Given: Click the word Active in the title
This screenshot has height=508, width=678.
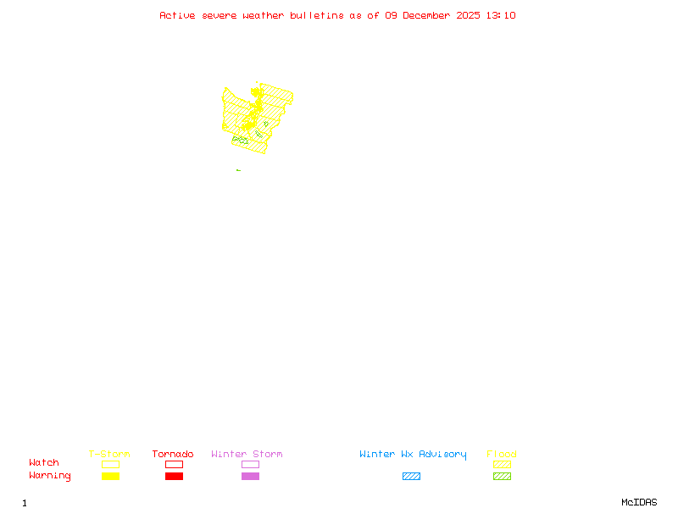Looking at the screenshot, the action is click(x=178, y=15).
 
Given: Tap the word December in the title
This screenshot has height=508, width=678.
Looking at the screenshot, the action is click(x=429, y=15).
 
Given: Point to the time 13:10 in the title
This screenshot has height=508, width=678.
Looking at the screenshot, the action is click(x=500, y=15).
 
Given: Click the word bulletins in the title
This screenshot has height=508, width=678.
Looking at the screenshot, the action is click(x=316, y=15).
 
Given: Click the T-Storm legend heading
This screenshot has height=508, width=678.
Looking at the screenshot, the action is click(x=109, y=454).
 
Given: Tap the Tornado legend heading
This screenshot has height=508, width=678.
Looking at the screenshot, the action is click(x=173, y=454).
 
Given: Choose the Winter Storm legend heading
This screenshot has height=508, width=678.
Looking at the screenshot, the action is click(x=247, y=454).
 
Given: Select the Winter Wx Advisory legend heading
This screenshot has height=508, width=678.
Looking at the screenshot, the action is click(x=413, y=454).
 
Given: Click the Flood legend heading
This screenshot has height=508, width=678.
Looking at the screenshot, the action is click(x=502, y=454).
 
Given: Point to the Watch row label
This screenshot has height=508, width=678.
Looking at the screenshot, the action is click(x=44, y=463).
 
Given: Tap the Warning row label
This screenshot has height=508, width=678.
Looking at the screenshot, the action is click(x=49, y=476).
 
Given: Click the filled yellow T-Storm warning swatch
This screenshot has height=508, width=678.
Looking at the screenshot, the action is click(x=110, y=477).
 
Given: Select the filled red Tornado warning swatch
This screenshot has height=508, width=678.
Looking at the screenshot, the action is click(x=174, y=477).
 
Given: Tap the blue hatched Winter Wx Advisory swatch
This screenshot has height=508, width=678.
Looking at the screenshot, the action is click(x=411, y=477).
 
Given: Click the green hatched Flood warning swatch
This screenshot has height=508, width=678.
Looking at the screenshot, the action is click(x=502, y=477).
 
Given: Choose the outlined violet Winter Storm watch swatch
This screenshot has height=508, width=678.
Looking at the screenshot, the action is click(x=250, y=465).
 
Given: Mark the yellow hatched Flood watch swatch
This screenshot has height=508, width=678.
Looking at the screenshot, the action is click(x=502, y=465).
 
